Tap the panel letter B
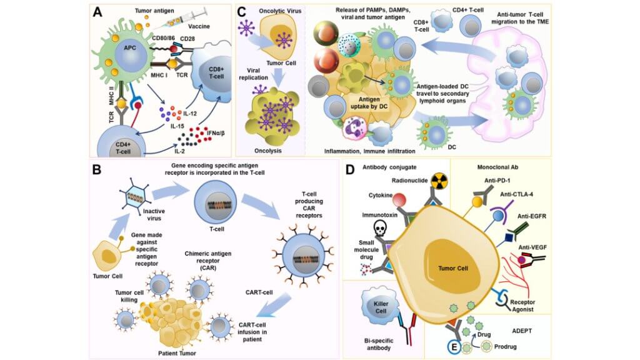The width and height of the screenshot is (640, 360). pyautogui.click(x=97, y=169)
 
